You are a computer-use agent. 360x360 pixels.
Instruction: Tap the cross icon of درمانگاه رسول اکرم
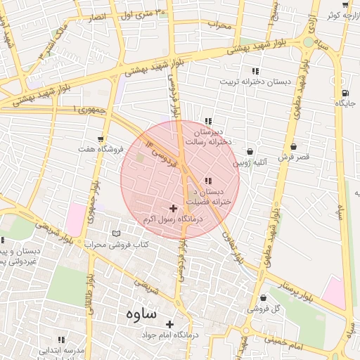tap(174, 208)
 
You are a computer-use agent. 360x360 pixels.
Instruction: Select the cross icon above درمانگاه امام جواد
tap(169, 324)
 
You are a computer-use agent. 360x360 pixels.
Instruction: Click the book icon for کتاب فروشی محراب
tap(117, 233)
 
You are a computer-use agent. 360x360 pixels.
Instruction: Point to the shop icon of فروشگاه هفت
tap(102, 139)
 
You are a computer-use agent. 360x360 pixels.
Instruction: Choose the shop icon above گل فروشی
tap(263, 297)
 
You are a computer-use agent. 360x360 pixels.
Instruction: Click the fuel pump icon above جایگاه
tap(345, 93)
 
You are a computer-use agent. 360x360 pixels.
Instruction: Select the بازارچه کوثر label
tap(344, 15)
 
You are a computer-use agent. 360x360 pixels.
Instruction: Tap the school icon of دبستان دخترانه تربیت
tap(255, 71)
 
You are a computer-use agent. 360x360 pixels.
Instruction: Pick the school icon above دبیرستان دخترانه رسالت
tap(207, 120)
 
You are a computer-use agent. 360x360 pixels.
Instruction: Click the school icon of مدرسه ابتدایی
tap(61, 339)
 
